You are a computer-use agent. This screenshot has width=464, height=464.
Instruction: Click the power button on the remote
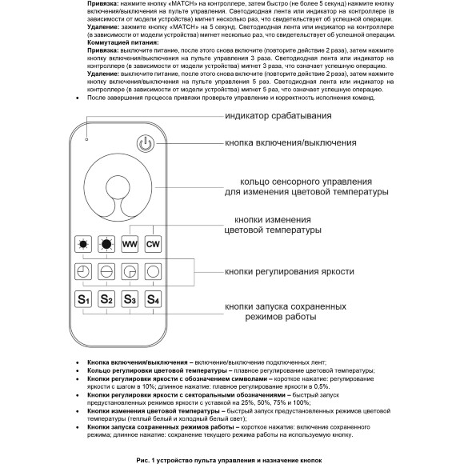tap(145, 144)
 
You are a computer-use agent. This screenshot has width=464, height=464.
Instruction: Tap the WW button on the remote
tap(130, 242)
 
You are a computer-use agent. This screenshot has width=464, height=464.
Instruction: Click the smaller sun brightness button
tap(83, 242)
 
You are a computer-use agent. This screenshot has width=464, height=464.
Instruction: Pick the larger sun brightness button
tap(106, 242)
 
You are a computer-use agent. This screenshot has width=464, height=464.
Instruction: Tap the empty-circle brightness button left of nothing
tap(153, 271)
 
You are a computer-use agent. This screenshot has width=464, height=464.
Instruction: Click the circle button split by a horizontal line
tap(106, 271)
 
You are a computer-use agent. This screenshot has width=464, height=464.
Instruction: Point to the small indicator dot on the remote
tap(88, 135)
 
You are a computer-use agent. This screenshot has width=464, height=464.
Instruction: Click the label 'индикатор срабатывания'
tap(278, 116)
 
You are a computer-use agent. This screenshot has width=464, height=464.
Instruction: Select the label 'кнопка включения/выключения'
tap(290, 142)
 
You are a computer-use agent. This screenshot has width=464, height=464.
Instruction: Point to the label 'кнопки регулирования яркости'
tap(289, 271)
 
